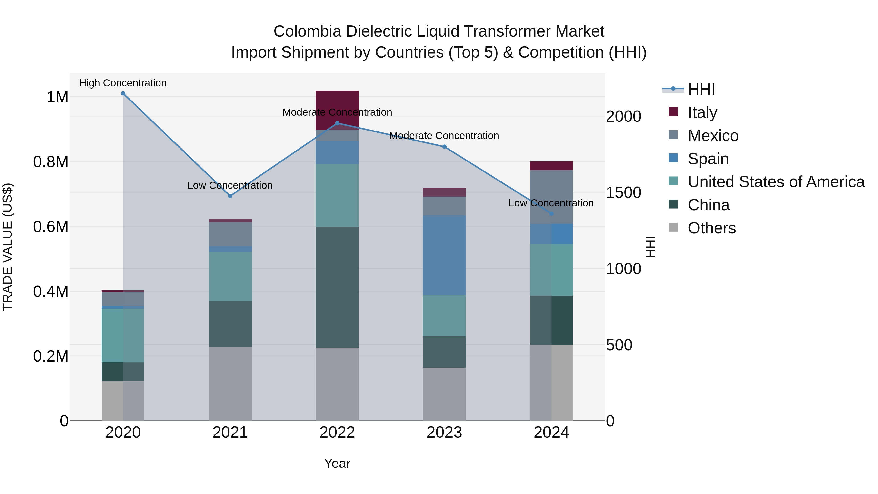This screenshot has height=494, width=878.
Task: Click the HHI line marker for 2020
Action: (123, 93)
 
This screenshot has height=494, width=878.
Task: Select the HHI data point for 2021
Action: (230, 196)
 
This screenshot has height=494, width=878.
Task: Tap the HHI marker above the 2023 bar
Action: (444, 147)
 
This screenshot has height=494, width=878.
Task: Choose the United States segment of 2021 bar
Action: (230, 276)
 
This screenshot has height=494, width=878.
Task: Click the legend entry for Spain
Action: (708, 159)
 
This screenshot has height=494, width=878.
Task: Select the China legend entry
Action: (708, 205)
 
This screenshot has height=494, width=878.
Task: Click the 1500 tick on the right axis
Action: (623, 193)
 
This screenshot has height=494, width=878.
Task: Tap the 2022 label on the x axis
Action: (337, 433)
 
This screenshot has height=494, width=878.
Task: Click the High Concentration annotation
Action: (123, 83)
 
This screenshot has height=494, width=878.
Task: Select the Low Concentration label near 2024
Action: (551, 203)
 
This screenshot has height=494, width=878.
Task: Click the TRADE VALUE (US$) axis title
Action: (8, 247)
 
